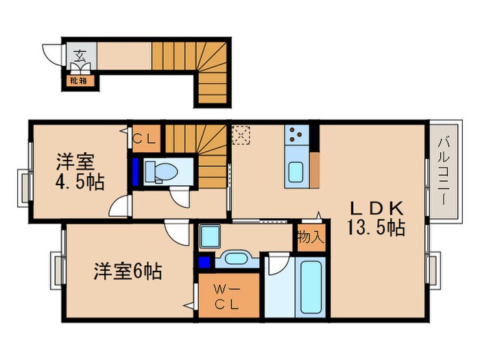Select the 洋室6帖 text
point(128,272)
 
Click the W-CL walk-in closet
point(228,295)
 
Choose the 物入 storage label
point(310,237)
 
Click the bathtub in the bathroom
point(311,288)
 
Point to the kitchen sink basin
point(297,171)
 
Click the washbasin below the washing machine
point(236,259)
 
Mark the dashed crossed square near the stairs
point(241,135)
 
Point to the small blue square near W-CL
point(204,261)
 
